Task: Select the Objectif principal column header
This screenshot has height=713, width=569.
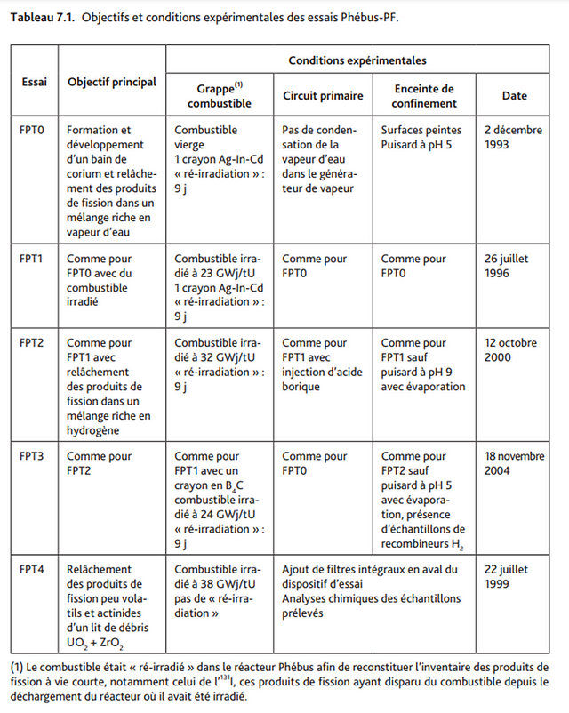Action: pos(112,82)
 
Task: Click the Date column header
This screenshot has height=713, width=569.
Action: pos(514,96)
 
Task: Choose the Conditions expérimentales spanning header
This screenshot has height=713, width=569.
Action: pos(357,60)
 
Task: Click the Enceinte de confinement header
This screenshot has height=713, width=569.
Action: pos(423,96)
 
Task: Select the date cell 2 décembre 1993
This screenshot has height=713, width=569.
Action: pos(513,137)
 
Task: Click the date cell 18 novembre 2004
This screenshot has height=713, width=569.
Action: pos(514,463)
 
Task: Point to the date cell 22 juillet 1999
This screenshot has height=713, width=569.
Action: pos(509,576)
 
